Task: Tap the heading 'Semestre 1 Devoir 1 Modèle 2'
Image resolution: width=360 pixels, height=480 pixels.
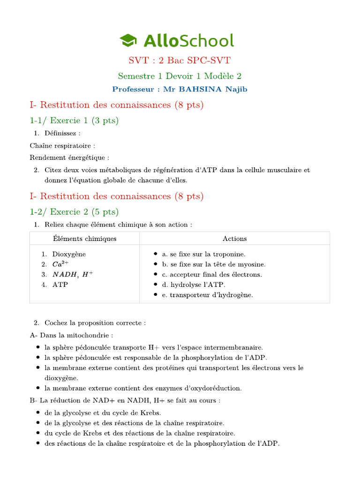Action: coord(180,75)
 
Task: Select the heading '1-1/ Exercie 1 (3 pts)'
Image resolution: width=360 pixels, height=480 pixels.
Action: coord(74,120)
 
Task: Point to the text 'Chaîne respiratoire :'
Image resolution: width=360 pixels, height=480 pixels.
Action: coord(62,146)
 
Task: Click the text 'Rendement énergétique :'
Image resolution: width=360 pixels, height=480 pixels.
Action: coord(69,157)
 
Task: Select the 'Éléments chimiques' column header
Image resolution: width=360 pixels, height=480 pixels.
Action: coord(85,239)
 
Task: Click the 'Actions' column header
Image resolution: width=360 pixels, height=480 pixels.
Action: coord(234,239)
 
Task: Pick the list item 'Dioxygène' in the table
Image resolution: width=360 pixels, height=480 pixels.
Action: coord(69,254)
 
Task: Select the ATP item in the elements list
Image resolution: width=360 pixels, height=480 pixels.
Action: coord(60,285)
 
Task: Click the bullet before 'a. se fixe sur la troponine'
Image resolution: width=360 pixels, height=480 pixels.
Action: coord(156,254)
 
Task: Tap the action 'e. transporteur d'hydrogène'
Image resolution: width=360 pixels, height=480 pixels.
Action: coord(207,295)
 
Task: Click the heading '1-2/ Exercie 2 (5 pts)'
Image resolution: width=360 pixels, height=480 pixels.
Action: coord(74,211)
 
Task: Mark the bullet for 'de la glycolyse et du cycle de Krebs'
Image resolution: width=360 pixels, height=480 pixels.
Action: coord(37,413)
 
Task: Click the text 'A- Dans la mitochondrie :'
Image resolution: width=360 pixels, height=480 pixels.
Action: coord(71,335)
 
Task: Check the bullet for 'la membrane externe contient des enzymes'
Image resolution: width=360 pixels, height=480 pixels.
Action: coord(37,388)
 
